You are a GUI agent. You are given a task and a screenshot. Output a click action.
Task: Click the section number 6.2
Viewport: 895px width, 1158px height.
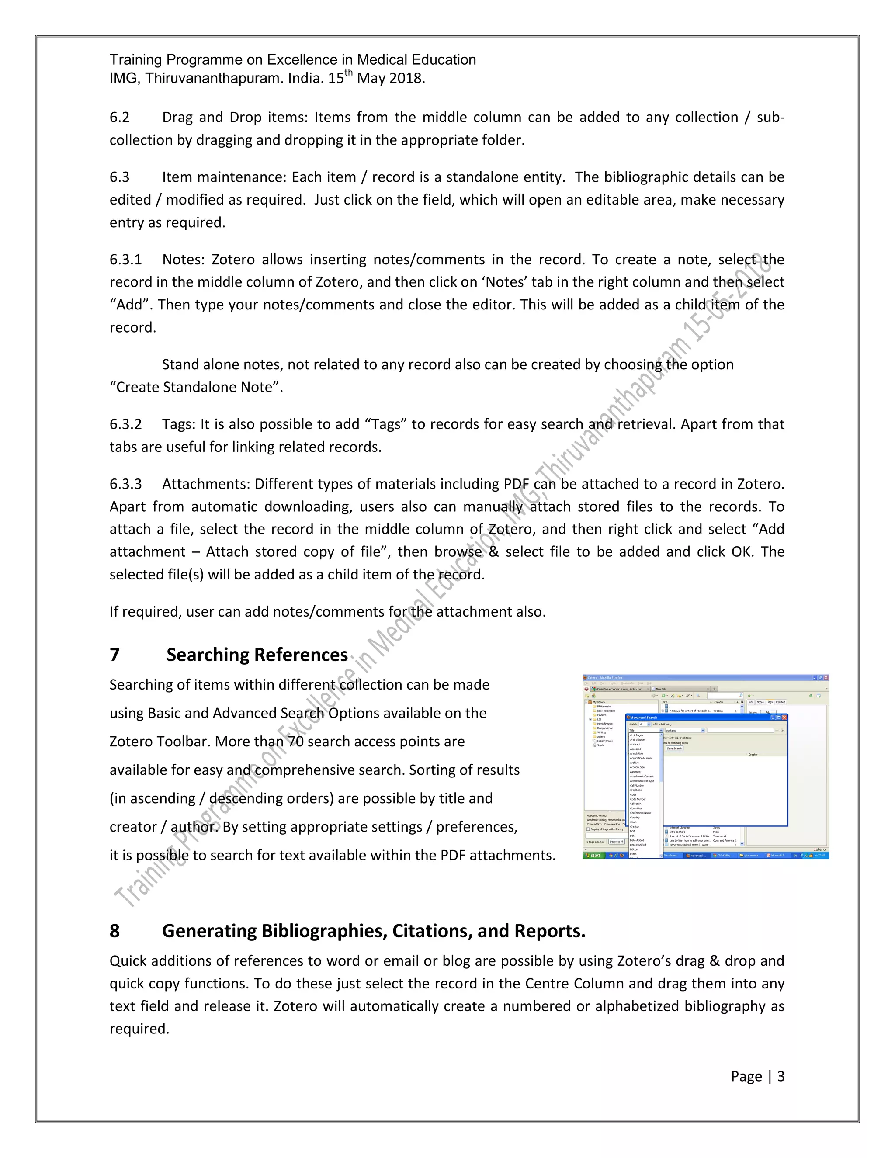tap(119, 117)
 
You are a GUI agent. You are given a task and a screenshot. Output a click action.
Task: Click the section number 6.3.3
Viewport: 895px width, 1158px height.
tap(126, 484)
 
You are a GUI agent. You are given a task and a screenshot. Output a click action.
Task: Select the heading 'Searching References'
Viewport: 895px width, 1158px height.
tap(257, 655)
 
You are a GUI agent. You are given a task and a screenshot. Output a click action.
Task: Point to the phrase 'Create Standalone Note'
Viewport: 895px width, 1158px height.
tap(196, 387)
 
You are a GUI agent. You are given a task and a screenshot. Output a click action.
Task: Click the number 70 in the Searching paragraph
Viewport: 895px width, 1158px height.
tap(295, 741)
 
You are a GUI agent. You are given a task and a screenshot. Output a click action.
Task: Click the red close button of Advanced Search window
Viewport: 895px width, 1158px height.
tap(785, 718)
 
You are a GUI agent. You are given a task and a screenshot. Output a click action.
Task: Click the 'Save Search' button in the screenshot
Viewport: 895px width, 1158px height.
tap(674, 749)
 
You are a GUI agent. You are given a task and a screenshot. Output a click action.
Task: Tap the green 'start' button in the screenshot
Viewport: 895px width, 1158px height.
tap(593, 855)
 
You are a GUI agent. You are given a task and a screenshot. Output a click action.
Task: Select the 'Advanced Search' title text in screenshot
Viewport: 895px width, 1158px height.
tap(644, 718)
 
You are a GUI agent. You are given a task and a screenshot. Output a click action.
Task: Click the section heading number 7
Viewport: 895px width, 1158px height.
tap(114, 655)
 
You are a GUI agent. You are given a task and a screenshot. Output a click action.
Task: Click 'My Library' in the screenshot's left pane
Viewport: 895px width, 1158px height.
tap(599, 702)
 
